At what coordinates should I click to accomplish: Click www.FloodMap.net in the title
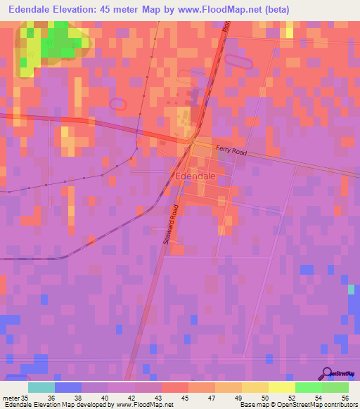(210, 10)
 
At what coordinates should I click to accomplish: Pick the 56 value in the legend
(345, 397)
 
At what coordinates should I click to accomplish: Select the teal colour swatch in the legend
(41, 387)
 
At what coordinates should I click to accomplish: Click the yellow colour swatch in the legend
(281, 387)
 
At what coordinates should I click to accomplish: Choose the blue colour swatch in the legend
(68, 387)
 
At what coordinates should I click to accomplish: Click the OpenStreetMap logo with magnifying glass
(338, 373)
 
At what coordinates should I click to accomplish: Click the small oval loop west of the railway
(117, 103)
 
